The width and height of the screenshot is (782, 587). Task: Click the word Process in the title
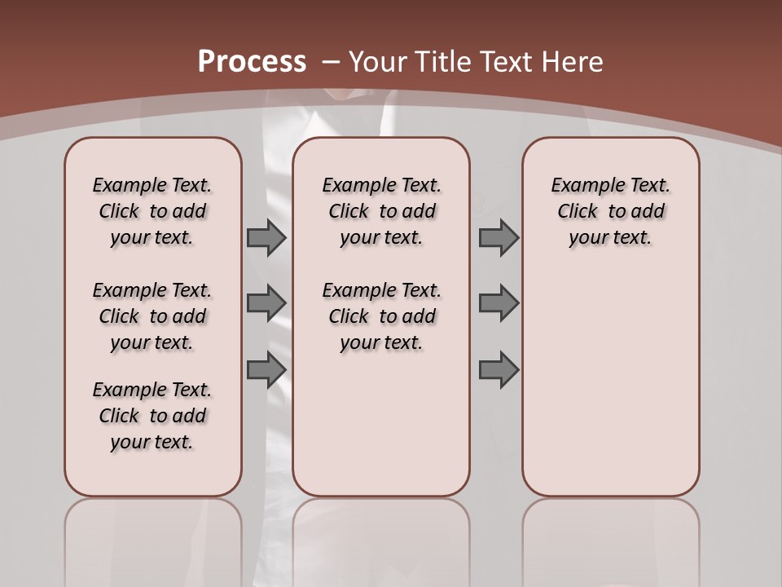click(253, 62)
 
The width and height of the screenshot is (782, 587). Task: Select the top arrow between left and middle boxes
click(266, 237)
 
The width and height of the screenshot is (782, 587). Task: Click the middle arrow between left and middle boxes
click(266, 302)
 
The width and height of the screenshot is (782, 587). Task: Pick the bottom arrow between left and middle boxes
click(266, 370)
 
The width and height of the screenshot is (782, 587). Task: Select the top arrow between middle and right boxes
click(499, 237)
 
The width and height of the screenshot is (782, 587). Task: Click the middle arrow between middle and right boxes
click(499, 302)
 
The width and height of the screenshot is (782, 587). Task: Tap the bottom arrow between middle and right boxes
click(499, 370)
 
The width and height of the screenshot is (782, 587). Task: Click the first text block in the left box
click(152, 211)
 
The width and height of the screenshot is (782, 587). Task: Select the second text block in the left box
click(152, 316)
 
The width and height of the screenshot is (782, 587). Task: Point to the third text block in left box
click(152, 416)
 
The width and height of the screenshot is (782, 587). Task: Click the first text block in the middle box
click(381, 211)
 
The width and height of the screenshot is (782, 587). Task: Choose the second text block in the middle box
click(381, 316)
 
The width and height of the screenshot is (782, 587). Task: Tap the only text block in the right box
click(610, 211)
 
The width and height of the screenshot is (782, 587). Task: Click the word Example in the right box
click(580, 185)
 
